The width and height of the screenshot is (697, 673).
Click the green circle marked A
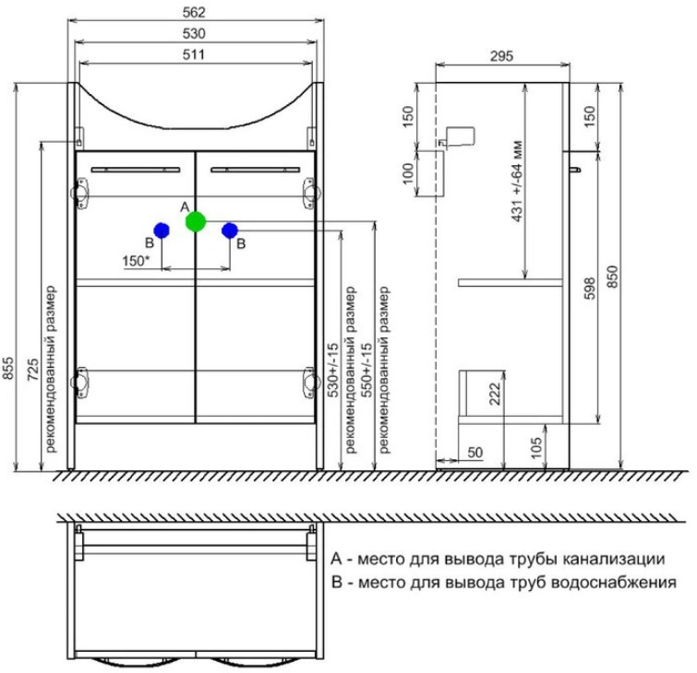196,221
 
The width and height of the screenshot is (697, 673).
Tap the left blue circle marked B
162,230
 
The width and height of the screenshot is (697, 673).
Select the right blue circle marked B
229,230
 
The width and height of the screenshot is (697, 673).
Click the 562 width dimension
194,12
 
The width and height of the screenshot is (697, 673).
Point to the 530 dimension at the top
194,34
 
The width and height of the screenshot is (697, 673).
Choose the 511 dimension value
194,54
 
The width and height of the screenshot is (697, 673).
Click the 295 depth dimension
502,56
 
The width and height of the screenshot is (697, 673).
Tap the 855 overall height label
8,368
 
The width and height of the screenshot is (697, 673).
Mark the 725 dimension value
33,370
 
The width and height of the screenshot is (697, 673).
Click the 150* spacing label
136,261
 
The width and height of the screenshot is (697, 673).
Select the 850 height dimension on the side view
613,277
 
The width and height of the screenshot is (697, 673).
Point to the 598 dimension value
589,289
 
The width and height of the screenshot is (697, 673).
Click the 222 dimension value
495,394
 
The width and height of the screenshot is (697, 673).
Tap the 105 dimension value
536,447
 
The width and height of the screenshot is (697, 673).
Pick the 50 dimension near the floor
475,453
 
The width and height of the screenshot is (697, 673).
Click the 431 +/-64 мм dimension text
517,181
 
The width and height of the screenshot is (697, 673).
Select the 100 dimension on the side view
408,173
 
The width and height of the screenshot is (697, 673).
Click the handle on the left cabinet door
136,170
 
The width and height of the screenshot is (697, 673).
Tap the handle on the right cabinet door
256,170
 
